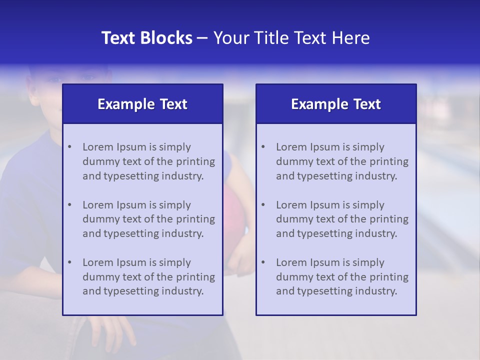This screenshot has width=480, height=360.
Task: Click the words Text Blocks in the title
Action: [146, 38]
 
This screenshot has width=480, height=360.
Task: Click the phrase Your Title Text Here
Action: [291, 38]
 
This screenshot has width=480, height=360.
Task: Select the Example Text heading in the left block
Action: [142, 104]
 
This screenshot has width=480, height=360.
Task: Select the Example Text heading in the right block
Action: [336, 104]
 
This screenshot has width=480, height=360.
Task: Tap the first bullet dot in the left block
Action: [69, 147]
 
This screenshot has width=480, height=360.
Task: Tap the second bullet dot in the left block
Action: [69, 205]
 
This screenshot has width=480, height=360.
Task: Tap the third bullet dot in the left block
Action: [69, 262]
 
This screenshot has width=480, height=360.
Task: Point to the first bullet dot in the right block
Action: [263, 147]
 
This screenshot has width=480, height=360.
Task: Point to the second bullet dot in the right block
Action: [263, 205]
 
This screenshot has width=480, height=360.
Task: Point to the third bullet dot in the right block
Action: [263, 262]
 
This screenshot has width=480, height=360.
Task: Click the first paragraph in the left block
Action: [148, 161]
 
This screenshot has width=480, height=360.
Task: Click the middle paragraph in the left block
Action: [148, 219]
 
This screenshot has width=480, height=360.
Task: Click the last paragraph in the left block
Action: [148, 277]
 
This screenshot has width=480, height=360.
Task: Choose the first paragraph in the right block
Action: [342, 161]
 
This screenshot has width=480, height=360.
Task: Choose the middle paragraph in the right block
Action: [342, 219]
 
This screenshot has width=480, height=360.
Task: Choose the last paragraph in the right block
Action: [342, 277]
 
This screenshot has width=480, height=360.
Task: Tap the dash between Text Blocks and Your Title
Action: [202, 38]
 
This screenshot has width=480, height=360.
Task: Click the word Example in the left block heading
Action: [126, 104]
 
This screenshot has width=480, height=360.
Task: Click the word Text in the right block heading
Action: [367, 104]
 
